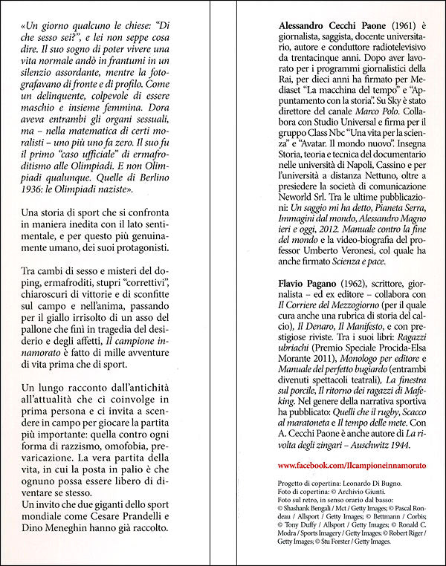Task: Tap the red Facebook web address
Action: click(x=351, y=464)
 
